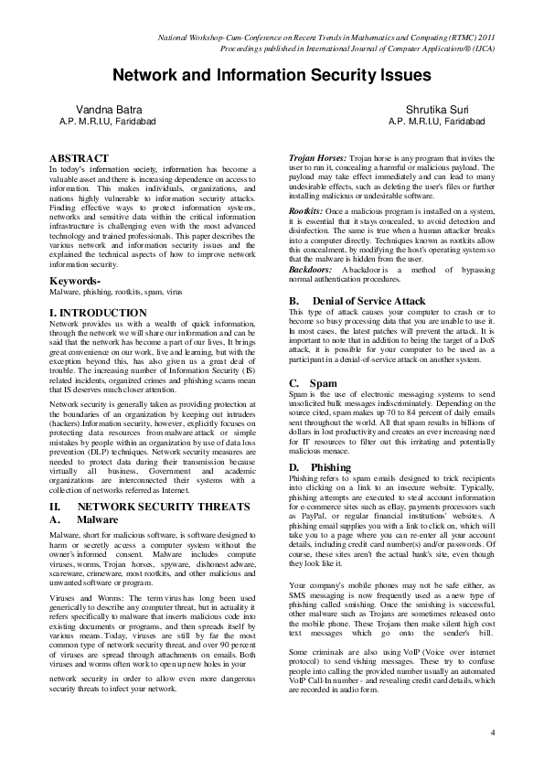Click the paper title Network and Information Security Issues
[x=271, y=75]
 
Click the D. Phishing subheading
[x=323, y=466]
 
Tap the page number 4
[x=492, y=733]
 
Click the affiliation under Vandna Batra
[x=108, y=121]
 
